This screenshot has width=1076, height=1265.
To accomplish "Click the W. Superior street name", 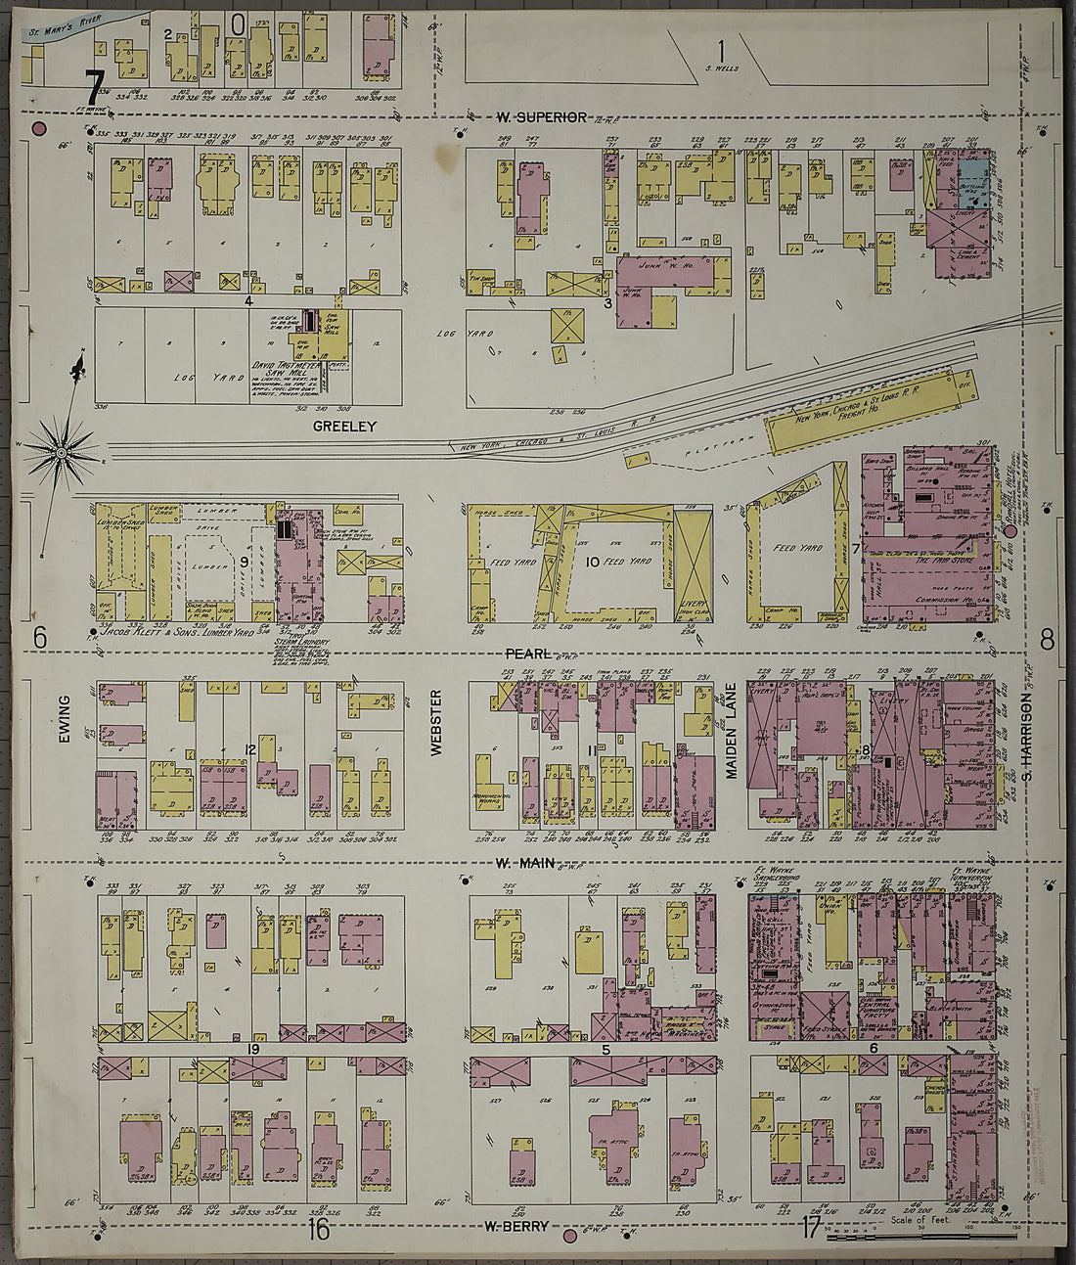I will (541, 117).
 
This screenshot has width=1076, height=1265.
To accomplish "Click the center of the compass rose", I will (62, 452).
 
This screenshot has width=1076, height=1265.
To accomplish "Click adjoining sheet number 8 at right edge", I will (1047, 641).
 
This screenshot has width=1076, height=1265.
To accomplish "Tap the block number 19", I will (252, 1049).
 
